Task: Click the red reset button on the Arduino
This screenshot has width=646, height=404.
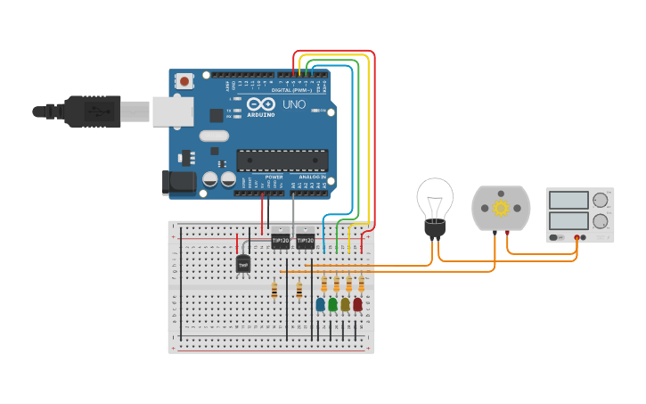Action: [x=184, y=81]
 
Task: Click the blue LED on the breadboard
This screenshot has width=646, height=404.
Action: [x=320, y=305]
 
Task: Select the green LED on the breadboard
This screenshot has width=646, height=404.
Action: [x=332, y=305]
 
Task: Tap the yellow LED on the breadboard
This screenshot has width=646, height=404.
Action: [x=345, y=305]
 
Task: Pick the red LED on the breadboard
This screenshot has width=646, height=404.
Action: [x=357, y=305]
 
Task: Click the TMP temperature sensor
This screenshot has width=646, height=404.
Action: [x=243, y=264]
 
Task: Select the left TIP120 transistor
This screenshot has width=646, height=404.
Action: [x=280, y=241]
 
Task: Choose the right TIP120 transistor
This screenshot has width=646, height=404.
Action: [x=305, y=241]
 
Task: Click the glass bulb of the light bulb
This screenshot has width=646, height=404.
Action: [x=435, y=198]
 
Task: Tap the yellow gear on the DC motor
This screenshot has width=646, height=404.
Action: [x=500, y=208]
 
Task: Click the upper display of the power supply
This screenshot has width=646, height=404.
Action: [x=568, y=200]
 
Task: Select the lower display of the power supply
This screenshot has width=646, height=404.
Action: [x=568, y=220]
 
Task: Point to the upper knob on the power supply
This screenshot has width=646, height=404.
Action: [x=601, y=200]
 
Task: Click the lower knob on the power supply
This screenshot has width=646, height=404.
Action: [x=601, y=220]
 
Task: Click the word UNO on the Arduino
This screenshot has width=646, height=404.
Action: [x=294, y=105]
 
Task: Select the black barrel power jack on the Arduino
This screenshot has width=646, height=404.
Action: [x=178, y=182]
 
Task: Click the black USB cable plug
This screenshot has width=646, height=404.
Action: [x=89, y=111]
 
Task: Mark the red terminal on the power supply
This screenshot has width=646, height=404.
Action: [x=584, y=237]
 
